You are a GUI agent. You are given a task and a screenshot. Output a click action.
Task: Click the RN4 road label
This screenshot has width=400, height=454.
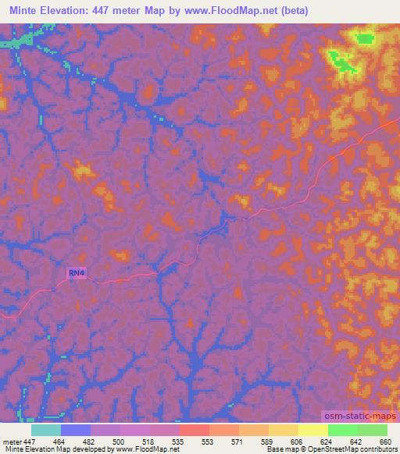76,273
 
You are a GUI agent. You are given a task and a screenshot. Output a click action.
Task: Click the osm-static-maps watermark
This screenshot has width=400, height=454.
359,417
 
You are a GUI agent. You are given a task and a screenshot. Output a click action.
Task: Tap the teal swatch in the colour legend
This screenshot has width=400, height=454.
45,430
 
